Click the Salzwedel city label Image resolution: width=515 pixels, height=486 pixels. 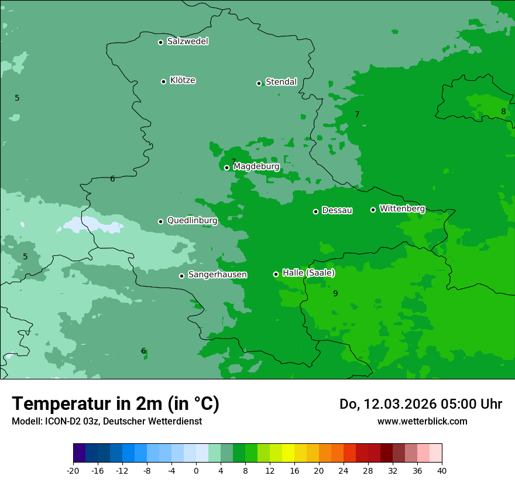coord(187,42)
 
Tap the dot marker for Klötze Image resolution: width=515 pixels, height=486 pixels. coord(163,81)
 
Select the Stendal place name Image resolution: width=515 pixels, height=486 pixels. coord(281,82)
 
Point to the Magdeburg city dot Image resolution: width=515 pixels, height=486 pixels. coord(227,167)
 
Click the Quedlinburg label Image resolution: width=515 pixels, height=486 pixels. coord(192,221)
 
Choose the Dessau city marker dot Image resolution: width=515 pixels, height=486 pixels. coord(315,211)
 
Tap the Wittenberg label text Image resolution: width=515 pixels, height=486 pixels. coord(402,208)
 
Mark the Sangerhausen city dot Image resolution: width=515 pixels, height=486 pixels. coord(181,276)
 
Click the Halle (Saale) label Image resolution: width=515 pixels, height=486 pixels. coord(308,273)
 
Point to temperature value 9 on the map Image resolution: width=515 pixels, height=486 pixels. coord(335,293)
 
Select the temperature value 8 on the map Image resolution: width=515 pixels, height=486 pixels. coord(503,112)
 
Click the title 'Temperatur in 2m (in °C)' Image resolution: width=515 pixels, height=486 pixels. coord(115,403)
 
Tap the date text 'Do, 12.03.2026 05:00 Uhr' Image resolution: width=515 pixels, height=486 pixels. coord(420,404)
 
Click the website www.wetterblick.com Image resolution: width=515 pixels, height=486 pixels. coord(422,421)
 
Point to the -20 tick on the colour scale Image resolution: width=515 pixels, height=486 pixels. coord(73,470)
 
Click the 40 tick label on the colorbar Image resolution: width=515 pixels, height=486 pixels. coord(442,470)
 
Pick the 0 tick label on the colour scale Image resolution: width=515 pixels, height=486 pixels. coord(196,470)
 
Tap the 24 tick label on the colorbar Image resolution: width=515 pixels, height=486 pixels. coord(344,470)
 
